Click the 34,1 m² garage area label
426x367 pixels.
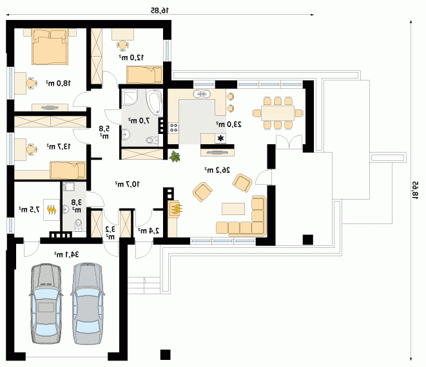(66, 254)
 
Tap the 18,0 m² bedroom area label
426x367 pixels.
(58, 83)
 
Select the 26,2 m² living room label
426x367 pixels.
(217, 170)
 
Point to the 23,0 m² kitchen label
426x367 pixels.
(229, 124)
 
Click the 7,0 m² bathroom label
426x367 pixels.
(139, 120)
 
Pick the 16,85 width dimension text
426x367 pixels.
(160, 10)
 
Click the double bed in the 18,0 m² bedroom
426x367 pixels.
(50, 47)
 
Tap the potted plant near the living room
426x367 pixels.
(175, 156)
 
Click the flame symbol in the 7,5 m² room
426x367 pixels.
(52, 209)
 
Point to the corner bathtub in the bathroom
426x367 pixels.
(154, 102)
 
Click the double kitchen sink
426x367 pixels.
(202, 94)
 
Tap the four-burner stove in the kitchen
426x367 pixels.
(173, 127)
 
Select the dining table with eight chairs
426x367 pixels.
(278, 113)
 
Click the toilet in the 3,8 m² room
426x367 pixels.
(79, 225)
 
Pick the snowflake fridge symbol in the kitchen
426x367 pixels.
(220, 138)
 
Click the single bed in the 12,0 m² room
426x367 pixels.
(144, 75)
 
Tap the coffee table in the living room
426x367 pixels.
(233, 209)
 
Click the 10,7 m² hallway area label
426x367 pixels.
(127, 184)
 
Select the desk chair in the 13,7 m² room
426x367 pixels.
(32, 149)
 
